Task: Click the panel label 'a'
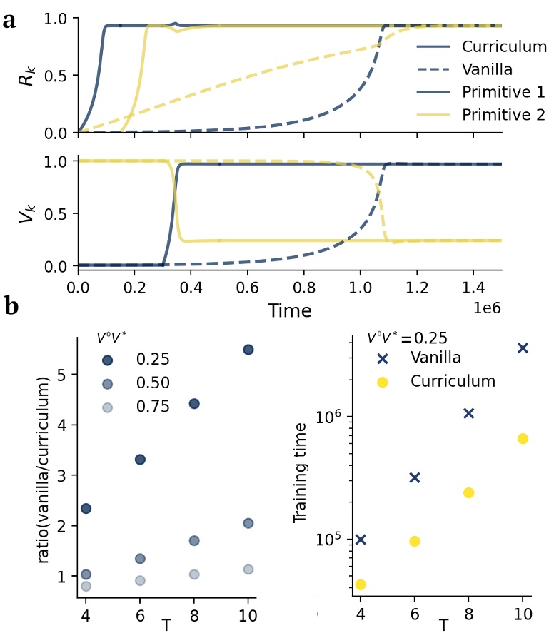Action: point(9,19)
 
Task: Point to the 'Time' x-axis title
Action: point(290,310)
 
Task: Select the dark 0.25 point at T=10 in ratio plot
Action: point(248,350)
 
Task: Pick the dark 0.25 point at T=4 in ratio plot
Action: point(86,508)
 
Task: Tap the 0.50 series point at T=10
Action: point(248,523)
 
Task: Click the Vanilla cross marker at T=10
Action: point(523,348)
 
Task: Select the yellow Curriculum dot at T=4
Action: point(361,584)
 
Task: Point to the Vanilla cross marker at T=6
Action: point(415,477)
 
